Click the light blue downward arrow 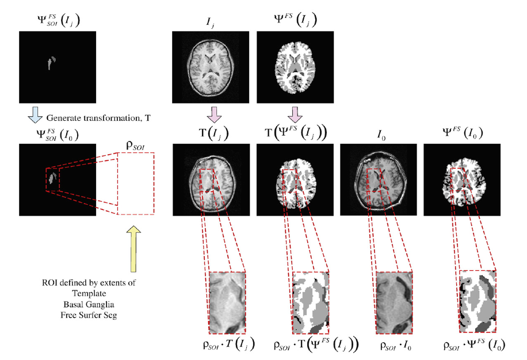tap(33, 118)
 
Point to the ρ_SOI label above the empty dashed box tap(136, 143)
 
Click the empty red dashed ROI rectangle tap(136, 183)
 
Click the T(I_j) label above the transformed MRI tap(210, 135)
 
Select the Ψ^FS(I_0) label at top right tap(461, 134)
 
